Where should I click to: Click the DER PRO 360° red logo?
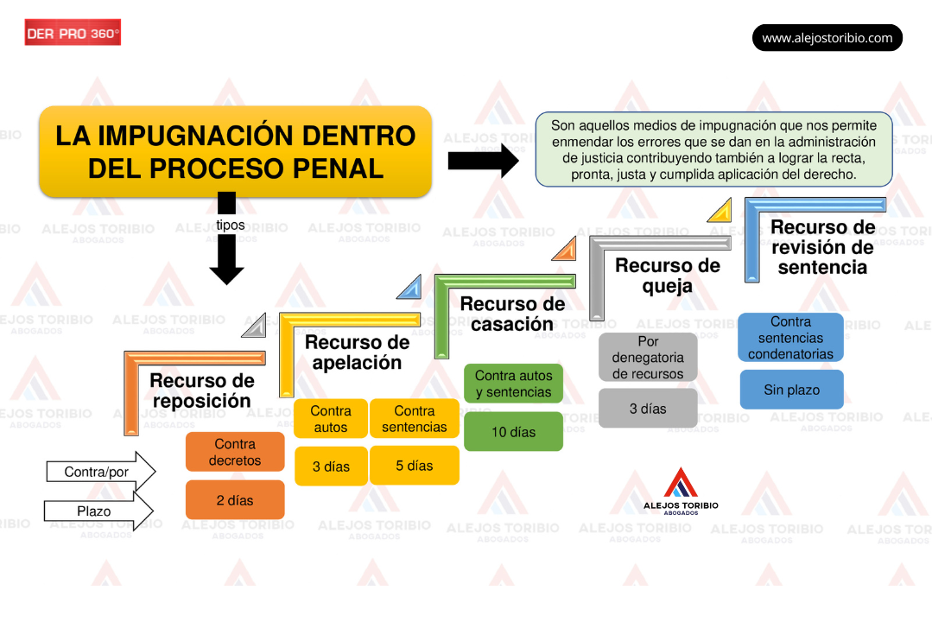pyautogui.click(x=73, y=33)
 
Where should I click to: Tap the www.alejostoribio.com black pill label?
pyautogui.click(x=827, y=38)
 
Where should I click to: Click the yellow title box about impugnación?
pyautogui.click(x=235, y=151)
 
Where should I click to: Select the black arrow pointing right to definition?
pyautogui.click(x=482, y=162)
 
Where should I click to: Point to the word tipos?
pyautogui.click(x=230, y=225)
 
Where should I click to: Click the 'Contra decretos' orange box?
pyautogui.click(x=235, y=452)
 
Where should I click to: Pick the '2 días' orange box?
pyautogui.click(x=235, y=500)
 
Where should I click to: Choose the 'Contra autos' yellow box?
pyautogui.click(x=331, y=419)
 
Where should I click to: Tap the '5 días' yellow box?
pyautogui.click(x=415, y=466)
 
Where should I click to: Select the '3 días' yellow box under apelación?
pyautogui.click(x=331, y=466)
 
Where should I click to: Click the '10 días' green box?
pyautogui.click(x=513, y=432)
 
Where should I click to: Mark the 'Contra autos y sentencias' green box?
pyautogui.click(x=513, y=384)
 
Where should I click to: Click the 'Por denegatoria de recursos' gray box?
pyautogui.click(x=648, y=358)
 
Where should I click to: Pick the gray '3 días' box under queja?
pyautogui.click(x=648, y=409)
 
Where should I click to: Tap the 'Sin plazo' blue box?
pyautogui.click(x=791, y=390)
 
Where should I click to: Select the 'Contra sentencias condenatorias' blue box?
pyautogui.click(x=790, y=338)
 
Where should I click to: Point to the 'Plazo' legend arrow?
pyautogui.click(x=98, y=511)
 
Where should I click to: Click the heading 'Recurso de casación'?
pyautogui.click(x=512, y=314)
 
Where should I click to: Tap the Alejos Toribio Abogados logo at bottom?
pyautogui.click(x=681, y=492)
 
